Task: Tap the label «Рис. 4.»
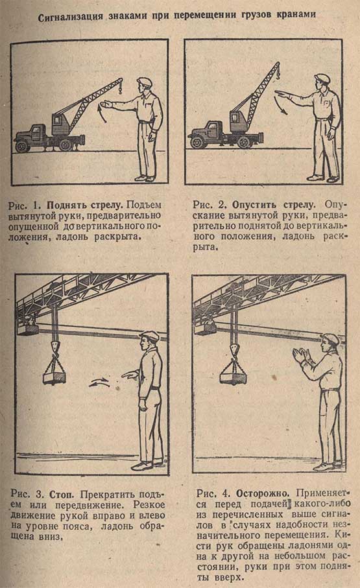(214, 493)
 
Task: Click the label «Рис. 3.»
(29, 494)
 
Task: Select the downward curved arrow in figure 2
(282, 105)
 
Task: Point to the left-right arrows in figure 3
(99, 382)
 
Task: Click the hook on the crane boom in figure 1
(121, 90)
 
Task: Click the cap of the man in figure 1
(144, 82)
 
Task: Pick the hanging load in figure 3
(54, 375)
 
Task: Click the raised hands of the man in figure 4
(300, 355)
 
